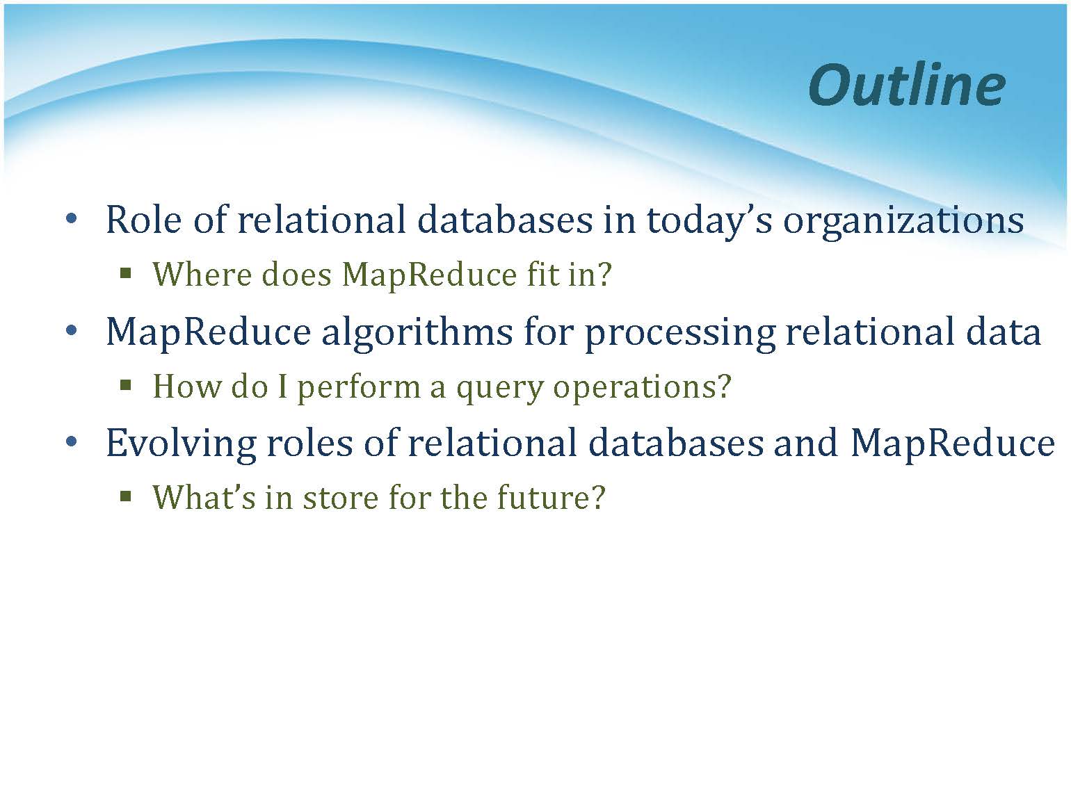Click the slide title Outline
pyautogui.click(x=907, y=85)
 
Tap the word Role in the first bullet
pyautogui.click(x=143, y=220)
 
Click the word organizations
pyautogui.click(x=903, y=222)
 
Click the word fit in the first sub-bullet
pyautogui.click(x=542, y=275)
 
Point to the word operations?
pyautogui.click(x=642, y=389)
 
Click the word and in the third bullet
pyautogui.click(x=806, y=443)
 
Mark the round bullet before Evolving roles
pyautogui.click(x=71, y=442)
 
